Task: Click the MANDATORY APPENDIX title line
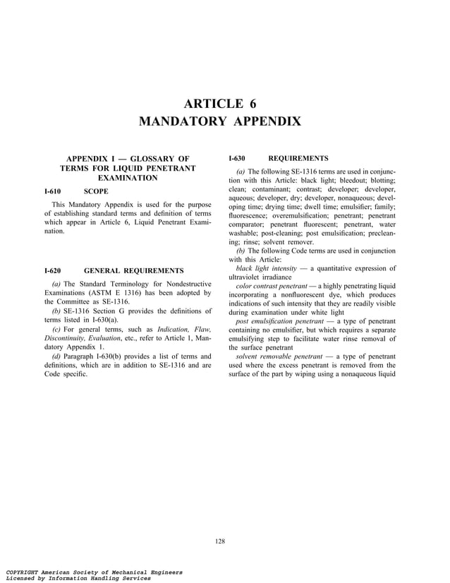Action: (220, 121)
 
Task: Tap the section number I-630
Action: (237, 158)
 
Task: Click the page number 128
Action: (220, 541)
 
